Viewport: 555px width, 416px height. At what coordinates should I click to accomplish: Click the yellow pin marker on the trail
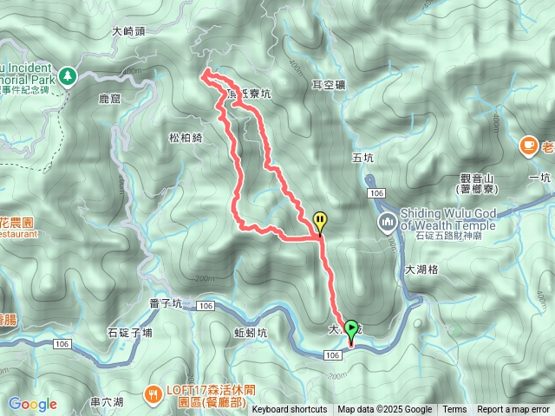[320, 222]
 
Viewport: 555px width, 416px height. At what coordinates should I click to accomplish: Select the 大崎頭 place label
[128, 31]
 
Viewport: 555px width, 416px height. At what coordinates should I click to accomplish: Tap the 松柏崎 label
[185, 137]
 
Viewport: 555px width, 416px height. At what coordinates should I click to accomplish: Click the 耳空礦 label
[329, 85]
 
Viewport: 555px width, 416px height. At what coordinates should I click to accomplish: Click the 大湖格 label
[421, 270]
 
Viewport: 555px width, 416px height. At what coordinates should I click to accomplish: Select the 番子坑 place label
[166, 303]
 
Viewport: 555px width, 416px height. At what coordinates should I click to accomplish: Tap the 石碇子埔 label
[129, 332]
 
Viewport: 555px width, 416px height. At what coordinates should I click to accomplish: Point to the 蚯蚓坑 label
[251, 332]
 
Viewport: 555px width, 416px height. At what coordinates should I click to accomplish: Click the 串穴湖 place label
[107, 402]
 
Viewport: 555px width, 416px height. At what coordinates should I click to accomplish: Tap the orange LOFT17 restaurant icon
[153, 393]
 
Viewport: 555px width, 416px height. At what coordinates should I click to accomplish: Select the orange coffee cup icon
[527, 146]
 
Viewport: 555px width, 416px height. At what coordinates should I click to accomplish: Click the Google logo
[32, 404]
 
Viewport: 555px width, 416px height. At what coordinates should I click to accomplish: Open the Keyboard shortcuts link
[290, 410]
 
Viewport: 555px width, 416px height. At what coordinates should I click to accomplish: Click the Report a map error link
[513, 410]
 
